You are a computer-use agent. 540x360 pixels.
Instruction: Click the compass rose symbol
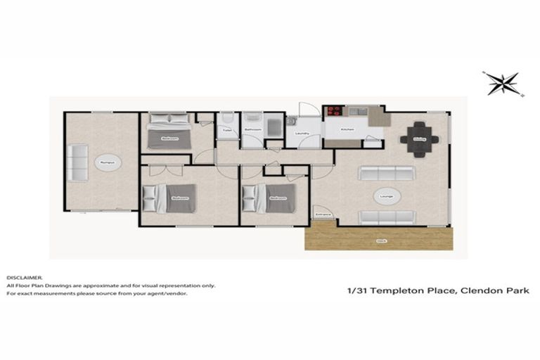click(x=503, y=83)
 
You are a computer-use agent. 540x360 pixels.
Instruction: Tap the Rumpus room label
click(x=107, y=162)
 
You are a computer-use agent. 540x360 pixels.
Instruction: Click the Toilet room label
click(x=227, y=130)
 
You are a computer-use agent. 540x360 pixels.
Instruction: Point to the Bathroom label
click(x=252, y=130)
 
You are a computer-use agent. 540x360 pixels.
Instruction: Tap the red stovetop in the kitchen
click(x=332, y=111)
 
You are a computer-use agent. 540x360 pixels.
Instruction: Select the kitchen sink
click(x=361, y=111)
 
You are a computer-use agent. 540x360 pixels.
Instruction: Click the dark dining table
click(x=419, y=138)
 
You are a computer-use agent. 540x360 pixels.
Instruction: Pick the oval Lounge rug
click(x=385, y=195)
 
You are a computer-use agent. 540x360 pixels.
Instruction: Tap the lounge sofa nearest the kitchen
click(x=385, y=173)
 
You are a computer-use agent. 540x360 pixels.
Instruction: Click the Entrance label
click(x=323, y=214)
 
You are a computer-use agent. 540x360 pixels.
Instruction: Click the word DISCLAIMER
click(x=25, y=278)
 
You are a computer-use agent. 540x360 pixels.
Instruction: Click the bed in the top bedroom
click(x=169, y=131)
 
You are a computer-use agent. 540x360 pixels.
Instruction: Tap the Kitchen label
click(x=347, y=130)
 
